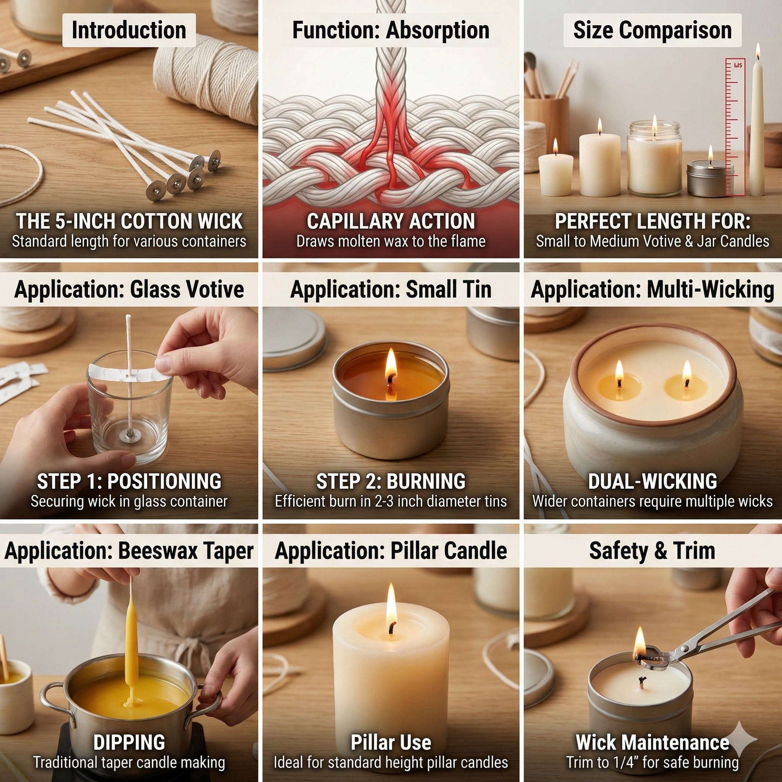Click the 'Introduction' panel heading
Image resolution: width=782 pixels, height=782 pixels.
click(x=129, y=31)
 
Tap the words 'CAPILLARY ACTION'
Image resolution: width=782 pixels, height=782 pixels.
click(x=391, y=221)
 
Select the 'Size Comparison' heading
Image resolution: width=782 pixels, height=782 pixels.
click(x=652, y=31)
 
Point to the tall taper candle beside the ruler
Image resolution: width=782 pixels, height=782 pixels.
click(x=756, y=129)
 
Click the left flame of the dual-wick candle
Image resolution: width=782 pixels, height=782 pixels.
click(x=619, y=370)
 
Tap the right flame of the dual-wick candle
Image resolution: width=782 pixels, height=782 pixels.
click(x=687, y=370)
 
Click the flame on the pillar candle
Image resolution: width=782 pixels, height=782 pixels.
click(x=391, y=605)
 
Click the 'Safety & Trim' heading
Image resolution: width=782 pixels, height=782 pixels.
click(x=652, y=551)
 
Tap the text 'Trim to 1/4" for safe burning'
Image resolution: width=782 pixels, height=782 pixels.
click(x=652, y=763)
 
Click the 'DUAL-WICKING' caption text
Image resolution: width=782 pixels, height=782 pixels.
click(x=652, y=481)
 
